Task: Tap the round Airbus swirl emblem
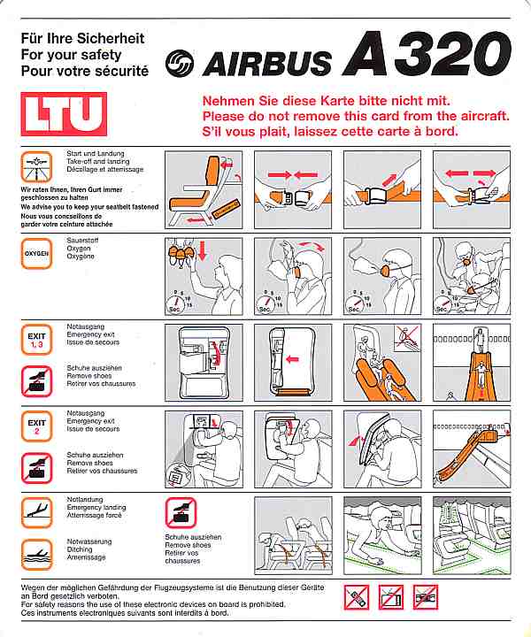click(x=181, y=62)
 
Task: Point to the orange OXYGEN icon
click(x=38, y=254)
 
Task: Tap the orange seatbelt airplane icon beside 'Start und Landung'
click(x=38, y=166)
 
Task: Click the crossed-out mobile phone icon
click(x=357, y=597)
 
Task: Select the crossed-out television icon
click(x=391, y=597)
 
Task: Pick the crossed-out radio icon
click(x=426, y=597)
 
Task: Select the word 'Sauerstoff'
click(x=85, y=241)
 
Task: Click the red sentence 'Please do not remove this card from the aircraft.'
click(x=355, y=116)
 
